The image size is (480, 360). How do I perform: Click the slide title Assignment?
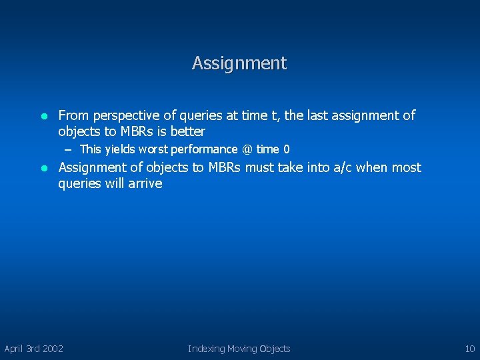(x=239, y=63)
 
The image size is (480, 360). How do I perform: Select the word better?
(x=188, y=131)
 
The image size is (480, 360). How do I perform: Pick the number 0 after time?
(x=286, y=149)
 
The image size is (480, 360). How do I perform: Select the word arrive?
(x=147, y=183)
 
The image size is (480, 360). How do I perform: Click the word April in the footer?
(x=14, y=349)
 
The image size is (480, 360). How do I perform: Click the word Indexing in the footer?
(x=206, y=349)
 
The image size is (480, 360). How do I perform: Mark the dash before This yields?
(x=69, y=149)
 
